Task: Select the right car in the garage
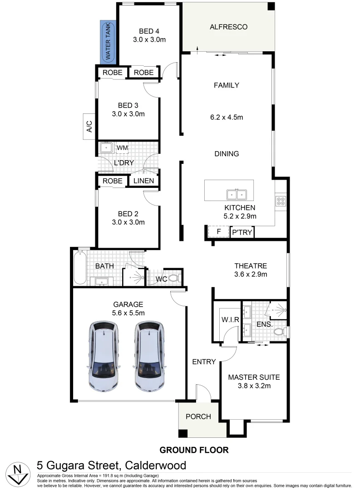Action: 150,357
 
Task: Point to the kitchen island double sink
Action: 236,195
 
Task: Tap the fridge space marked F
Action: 218,232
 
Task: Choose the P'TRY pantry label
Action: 242,232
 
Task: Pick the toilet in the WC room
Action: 174,278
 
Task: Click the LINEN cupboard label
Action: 143,181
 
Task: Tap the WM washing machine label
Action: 122,148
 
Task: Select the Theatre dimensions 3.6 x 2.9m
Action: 250,274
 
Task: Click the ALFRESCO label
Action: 228,27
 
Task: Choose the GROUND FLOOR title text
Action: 194,450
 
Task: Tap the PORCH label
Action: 198,416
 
